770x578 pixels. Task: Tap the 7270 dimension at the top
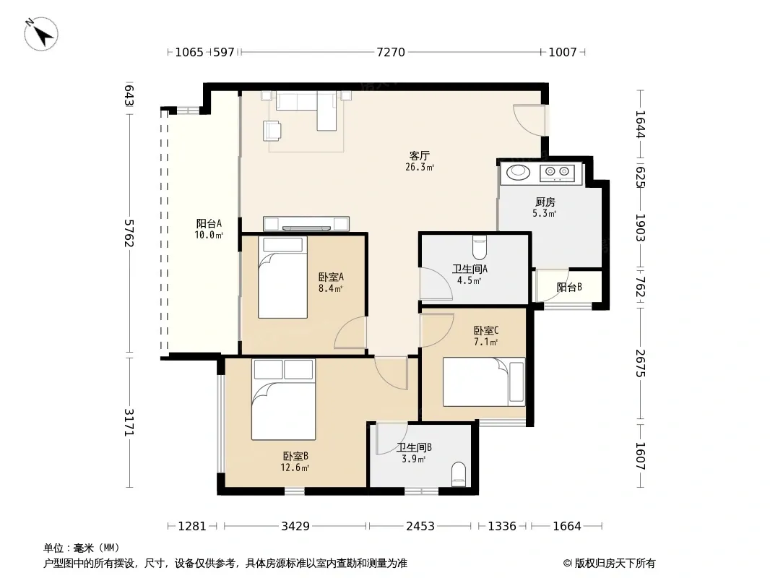pos(391,52)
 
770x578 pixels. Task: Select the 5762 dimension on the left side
pos(129,233)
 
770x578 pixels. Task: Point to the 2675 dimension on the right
pos(641,363)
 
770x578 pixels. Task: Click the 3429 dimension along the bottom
pos(295,526)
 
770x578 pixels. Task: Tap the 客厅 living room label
pos(420,155)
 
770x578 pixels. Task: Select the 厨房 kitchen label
pos(545,202)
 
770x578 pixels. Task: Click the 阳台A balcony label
pos(209,223)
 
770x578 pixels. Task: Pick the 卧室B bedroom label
pos(295,456)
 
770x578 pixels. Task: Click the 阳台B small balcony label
pos(569,287)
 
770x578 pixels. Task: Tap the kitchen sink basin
pos(518,173)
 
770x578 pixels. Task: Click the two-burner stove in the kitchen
pos(557,172)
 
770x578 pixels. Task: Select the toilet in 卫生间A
pos(480,248)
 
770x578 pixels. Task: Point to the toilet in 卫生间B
pos(458,474)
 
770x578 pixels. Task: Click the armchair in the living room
pos(272,131)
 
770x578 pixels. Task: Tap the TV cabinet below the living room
pos(306,223)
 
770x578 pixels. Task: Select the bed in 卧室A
pos(283,277)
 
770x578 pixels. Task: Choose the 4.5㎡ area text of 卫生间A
pos(469,280)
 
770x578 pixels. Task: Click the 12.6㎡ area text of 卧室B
pos(295,468)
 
